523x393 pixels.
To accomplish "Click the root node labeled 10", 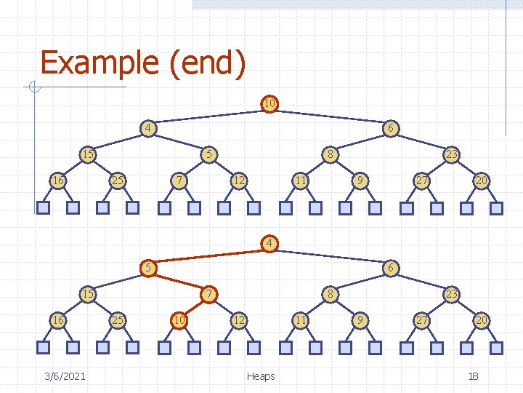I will point(269,103).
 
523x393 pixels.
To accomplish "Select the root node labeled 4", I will point(269,242).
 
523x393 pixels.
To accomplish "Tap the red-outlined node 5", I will point(147,268).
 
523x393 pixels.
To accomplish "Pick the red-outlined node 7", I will point(208,294).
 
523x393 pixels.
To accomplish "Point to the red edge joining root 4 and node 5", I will point(208,255).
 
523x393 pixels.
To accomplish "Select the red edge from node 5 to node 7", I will point(178,281).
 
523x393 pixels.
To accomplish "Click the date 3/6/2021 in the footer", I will point(64,376).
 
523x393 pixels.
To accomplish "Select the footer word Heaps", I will point(261,376).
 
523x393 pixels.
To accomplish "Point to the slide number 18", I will point(473,376).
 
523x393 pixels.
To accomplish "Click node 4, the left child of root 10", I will point(147,129).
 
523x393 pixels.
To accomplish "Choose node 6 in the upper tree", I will point(390,129).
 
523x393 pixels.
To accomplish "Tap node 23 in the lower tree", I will point(451,294).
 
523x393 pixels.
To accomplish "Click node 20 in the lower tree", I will point(481,319).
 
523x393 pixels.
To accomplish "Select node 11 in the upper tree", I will point(299,180).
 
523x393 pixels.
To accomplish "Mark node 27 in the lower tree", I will point(421,319).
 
